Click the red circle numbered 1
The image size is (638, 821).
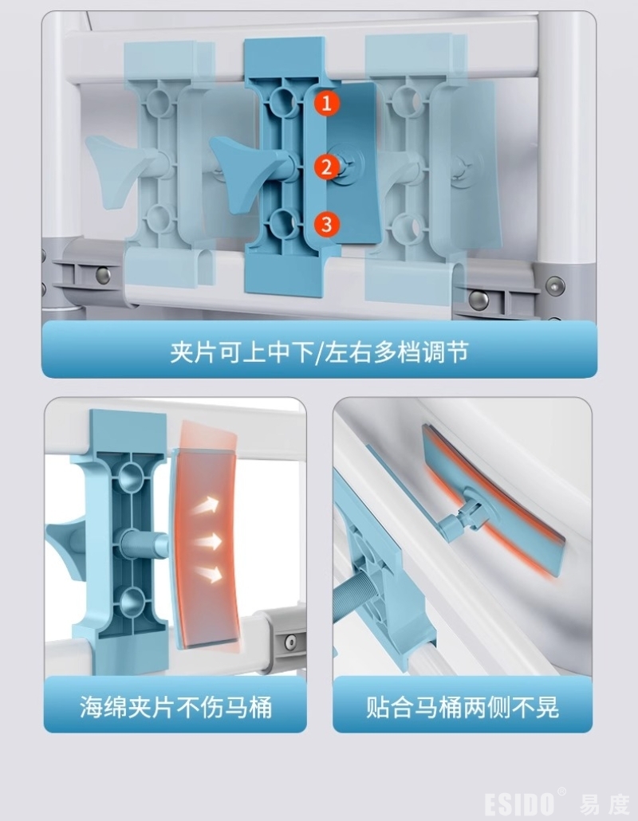point(327,103)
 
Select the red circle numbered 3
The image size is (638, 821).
point(327,224)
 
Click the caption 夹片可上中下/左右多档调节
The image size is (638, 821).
point(319,352)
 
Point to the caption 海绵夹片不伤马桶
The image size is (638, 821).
point(176,707)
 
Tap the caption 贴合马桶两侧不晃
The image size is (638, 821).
point(463,707)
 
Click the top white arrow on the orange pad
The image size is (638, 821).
point(205,506)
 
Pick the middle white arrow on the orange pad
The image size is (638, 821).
point(207,540)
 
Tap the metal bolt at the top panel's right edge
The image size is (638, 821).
point(555,286)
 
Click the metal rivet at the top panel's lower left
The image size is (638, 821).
point(103,275)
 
